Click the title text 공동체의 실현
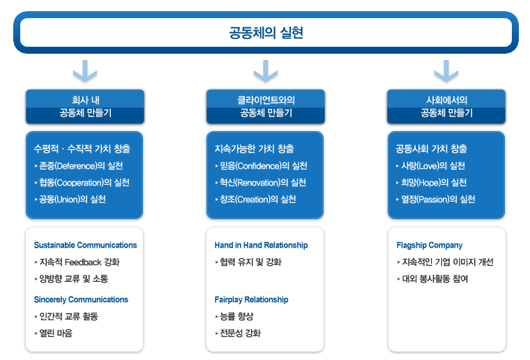coord(266,33)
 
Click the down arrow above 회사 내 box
coord(85,71)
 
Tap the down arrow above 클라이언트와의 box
coord(266,71)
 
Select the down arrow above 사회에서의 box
coord(446,71)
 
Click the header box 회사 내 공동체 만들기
coord(85,107)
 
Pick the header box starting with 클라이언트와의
coord(266,107)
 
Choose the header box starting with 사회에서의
coord(446,107)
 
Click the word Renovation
coord(258,183)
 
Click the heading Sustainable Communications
coord(85,245)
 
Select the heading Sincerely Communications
coord(81,299)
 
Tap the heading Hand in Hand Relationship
coord(261,245)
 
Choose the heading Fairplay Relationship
coord(251,299)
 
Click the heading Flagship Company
coord(430,245)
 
